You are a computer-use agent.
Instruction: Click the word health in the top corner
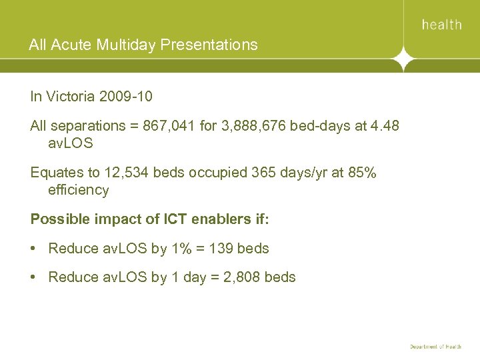[441, 25]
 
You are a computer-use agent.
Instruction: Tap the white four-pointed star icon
[404, 59]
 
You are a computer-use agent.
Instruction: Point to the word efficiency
[79, 190]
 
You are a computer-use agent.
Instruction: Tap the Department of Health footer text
[435, 347]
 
